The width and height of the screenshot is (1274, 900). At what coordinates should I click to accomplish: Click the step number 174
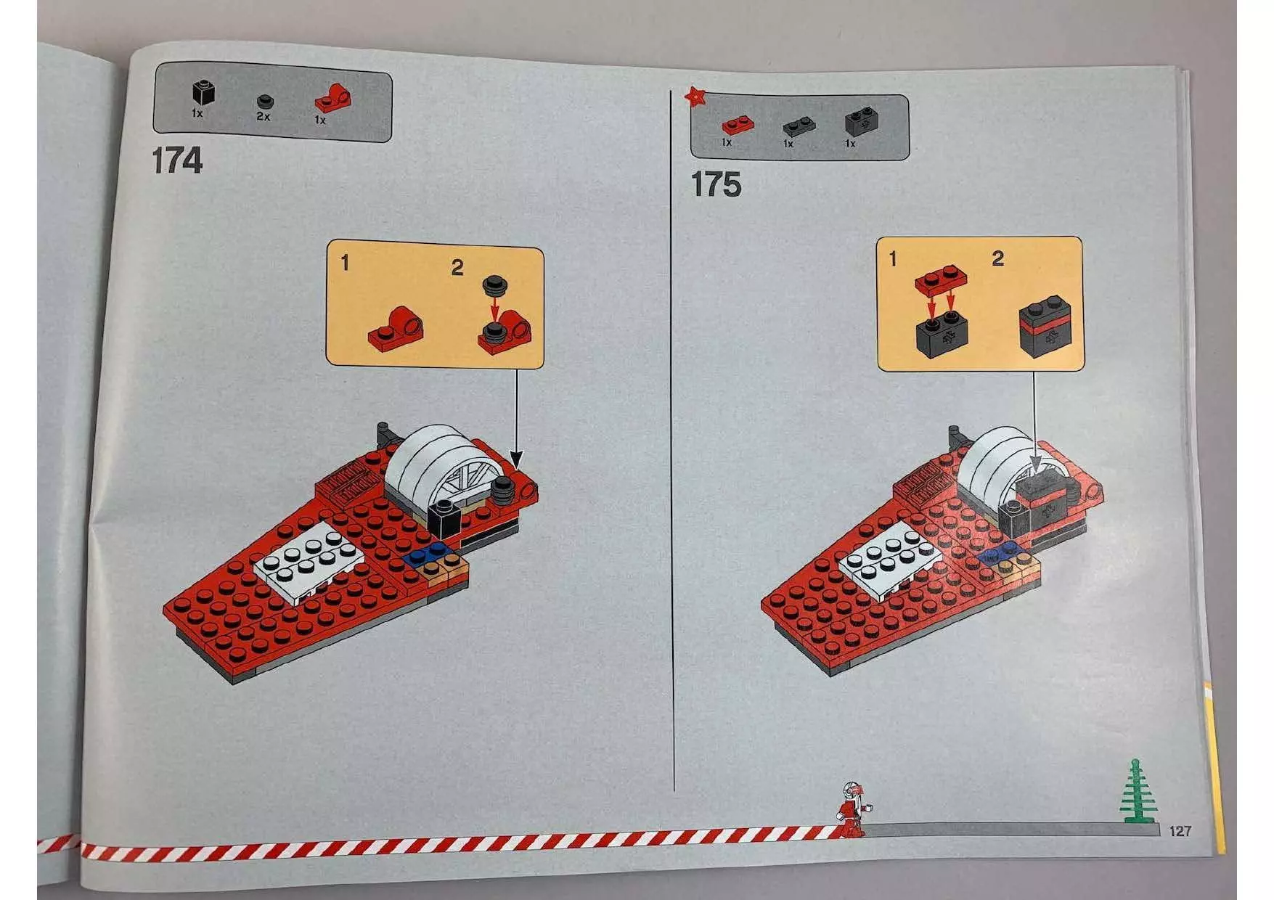(177, 160)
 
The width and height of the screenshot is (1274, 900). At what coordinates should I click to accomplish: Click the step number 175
(716, 184)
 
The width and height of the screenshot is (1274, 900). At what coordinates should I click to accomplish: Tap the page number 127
(1180, 831)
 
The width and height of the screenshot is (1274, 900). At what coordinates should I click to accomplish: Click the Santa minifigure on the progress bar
(852, 809)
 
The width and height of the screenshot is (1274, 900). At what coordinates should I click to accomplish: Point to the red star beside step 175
(696, 95)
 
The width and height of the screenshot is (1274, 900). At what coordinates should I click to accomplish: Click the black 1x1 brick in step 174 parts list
(203, 92)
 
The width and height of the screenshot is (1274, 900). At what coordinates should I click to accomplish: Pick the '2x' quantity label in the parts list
(263, 116)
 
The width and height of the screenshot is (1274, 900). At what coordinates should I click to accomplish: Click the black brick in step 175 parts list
(861, 121)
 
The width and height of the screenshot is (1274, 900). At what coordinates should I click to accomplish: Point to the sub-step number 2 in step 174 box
(457, 268)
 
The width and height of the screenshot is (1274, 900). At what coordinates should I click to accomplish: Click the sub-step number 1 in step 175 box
(893, 258)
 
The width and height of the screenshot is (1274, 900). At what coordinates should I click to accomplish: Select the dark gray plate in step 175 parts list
(799, 126)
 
